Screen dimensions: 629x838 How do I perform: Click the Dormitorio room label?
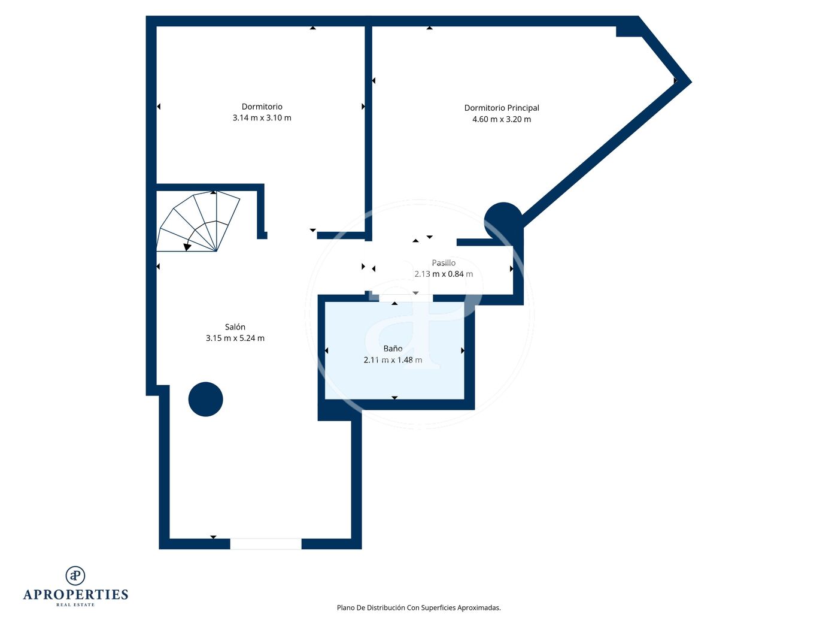pos(262,107)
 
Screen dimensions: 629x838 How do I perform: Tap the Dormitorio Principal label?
pos(502,108)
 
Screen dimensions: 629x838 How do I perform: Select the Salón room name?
pos(235,327)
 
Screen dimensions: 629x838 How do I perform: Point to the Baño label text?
pos(393,349)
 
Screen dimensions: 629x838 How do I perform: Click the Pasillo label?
pos(444,263)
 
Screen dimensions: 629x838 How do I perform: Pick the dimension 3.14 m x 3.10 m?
pos(262,118)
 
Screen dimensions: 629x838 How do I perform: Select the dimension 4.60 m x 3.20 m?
pos(502,119)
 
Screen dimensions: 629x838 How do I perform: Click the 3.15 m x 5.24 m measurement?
pos(235,338)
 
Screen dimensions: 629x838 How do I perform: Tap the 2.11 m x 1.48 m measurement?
pos(393,360)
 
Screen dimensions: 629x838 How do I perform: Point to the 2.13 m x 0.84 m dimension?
pos(444,274)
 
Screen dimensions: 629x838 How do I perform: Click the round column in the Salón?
pos(205,399)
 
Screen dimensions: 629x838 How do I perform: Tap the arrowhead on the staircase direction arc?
pos(187,247)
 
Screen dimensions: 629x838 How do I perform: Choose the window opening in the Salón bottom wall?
pos(266,544)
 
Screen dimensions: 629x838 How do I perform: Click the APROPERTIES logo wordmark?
pos(75,595)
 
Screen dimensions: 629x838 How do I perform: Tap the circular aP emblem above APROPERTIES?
pos(75,576)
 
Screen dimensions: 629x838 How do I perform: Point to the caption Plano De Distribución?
pos(418,608)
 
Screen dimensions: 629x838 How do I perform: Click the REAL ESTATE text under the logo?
pos(75,605)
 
